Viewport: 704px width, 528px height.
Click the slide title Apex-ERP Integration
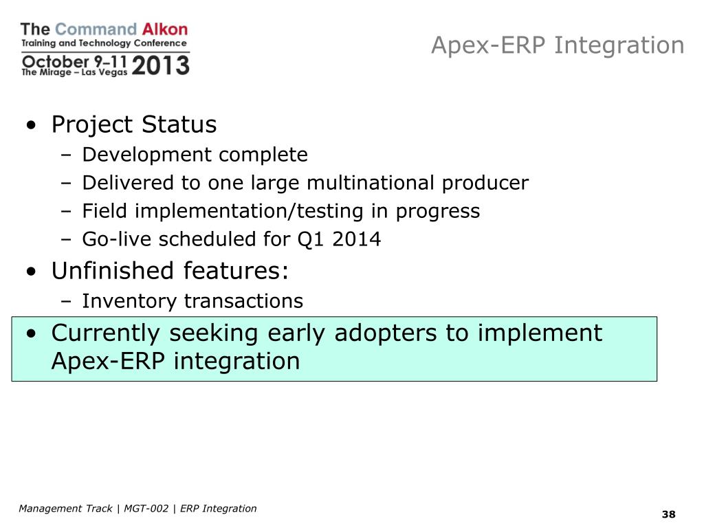coord(558,45)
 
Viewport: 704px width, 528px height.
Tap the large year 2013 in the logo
coord(161,65)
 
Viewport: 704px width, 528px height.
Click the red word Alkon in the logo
coord(165,29)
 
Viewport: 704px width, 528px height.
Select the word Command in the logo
coord(96,29)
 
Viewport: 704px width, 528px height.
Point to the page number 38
coord(668,514)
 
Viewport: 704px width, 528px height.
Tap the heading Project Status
coord(134,124)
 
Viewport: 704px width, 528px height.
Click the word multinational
coord(371,183)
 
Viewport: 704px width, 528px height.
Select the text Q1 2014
coord(339,239)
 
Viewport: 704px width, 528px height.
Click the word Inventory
coord(129,301)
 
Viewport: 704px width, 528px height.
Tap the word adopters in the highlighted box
coord(386,333)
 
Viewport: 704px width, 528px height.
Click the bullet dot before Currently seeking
coord(31,333)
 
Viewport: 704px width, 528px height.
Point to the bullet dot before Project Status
coord(31,124)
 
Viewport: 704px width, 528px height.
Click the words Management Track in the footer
coord(65,508)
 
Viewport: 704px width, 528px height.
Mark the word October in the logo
coord(56,61)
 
